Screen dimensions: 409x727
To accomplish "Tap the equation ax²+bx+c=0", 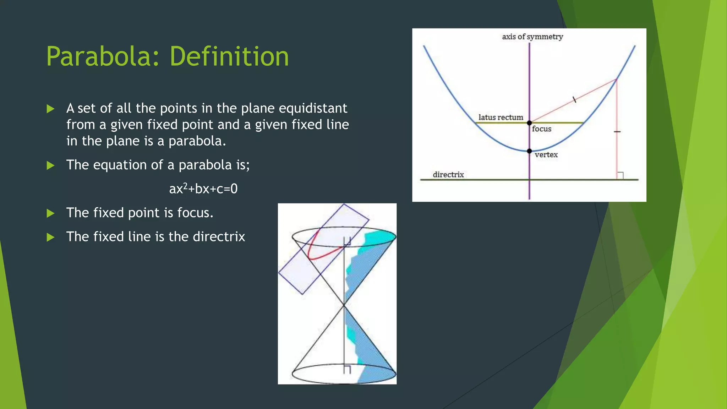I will coord(203,189).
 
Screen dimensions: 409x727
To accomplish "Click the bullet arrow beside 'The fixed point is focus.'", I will coord(50,213).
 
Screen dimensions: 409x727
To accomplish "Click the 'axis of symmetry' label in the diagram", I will coord(532,37).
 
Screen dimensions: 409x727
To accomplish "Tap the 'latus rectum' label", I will coord(501,118).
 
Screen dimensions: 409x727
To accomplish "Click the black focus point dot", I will coord(529,123).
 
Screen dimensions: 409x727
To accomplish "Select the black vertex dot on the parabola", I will coord(529,151).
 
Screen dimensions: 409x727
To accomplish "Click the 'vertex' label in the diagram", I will coord(546,155).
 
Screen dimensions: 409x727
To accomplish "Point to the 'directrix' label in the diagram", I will coord(448,175).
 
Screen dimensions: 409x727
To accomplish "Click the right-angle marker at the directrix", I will coord(620,176).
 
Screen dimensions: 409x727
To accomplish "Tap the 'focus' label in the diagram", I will coord(541,129).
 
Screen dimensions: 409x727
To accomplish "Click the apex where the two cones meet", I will coord(344,305).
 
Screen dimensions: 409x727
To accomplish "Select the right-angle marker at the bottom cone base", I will coord(347,369).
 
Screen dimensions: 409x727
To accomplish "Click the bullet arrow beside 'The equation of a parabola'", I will coord(50,165).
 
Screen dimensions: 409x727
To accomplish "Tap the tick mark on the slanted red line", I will coord(574,100).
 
